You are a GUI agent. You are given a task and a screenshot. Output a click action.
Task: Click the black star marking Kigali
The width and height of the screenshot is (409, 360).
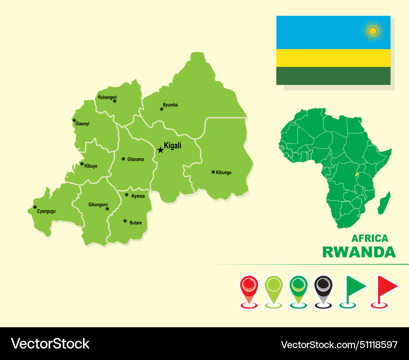(160, 150)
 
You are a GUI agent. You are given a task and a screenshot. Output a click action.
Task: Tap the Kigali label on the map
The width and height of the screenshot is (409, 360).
(172, 146)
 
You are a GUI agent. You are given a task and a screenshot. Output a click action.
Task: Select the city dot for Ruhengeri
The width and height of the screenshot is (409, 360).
(115, 101)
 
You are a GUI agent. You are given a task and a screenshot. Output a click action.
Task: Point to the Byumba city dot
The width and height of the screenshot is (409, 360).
(162, 109)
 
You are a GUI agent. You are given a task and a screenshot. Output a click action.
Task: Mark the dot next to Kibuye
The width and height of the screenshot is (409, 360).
(82, 164)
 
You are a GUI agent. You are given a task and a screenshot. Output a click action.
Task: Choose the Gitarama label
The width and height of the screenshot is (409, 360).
(135, 159)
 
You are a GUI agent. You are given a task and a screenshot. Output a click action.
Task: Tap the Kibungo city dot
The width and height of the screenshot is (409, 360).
(213, 172)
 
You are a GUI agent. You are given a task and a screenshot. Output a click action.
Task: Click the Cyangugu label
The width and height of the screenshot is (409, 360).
(46, 211)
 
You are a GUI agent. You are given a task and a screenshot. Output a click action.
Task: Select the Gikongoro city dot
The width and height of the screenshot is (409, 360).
(107, 209)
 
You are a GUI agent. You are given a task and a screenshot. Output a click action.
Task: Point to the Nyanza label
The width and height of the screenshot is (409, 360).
(138, 196)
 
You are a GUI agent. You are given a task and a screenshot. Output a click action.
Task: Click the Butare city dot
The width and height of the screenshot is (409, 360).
(125, 221)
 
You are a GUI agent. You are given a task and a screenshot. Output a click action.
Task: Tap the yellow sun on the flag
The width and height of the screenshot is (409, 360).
(373, 31)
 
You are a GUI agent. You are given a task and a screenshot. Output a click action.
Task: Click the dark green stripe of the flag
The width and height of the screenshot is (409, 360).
(333, 76)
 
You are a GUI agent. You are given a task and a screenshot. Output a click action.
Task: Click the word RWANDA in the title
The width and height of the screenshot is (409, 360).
(359, 252)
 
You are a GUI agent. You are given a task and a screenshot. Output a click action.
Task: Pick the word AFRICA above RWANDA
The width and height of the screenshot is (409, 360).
(370, 238)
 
